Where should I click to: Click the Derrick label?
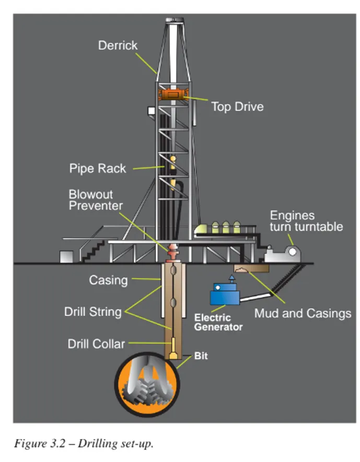118,45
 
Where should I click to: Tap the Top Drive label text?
237,107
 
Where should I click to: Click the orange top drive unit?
173,94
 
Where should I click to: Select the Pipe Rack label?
98,168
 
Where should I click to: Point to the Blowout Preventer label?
96,200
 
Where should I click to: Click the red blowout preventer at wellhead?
173,253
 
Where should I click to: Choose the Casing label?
108,280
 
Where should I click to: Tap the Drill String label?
93,312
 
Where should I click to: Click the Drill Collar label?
96,344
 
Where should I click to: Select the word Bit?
201,356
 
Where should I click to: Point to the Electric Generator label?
218,322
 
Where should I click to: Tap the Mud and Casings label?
303,313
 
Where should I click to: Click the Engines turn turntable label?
306,221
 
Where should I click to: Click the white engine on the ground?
282,254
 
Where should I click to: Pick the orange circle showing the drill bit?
147,385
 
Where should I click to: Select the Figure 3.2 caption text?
84,443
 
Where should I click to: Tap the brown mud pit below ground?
251,268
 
